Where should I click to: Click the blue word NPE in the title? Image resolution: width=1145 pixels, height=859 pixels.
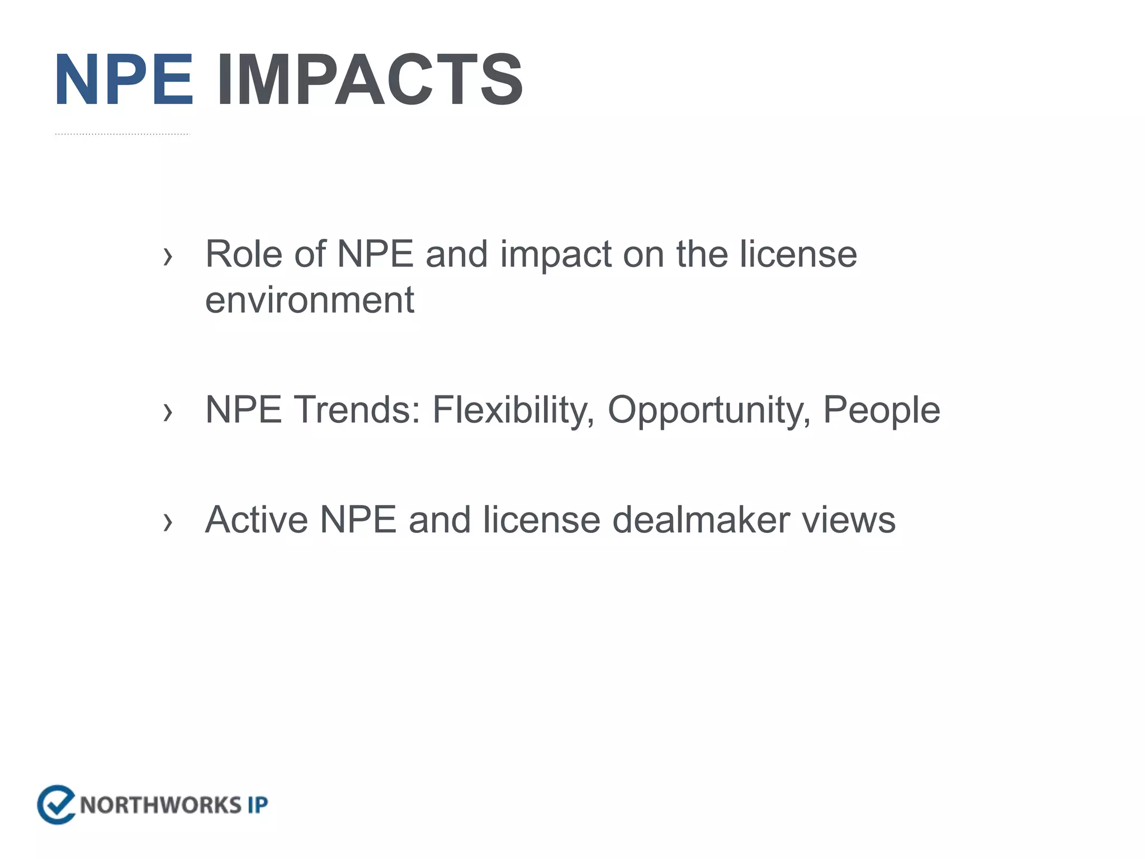pos(124,79)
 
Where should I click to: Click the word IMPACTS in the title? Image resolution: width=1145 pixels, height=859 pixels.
pos(370,79)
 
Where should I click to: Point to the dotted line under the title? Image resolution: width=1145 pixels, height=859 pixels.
pos(122,134)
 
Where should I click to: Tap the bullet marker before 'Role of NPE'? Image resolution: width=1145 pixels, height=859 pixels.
pos(167,257)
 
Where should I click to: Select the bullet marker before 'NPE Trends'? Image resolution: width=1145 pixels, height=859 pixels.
pos(167,413)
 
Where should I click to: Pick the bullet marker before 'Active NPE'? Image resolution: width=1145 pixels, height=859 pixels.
pos(167,522)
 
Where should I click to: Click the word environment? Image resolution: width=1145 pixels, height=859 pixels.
pos(309,300)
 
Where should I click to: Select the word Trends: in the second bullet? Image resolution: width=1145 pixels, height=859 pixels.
pos(357,410)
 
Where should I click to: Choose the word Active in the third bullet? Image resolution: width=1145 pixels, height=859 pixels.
pos(256,520)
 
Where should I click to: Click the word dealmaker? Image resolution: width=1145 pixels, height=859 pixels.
pos(701,520)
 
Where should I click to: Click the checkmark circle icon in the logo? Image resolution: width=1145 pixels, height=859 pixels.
pos(56,805)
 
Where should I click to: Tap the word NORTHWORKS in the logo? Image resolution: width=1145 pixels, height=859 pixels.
pos(160,805)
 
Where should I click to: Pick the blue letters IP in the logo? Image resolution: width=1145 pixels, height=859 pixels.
pos(258,805)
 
